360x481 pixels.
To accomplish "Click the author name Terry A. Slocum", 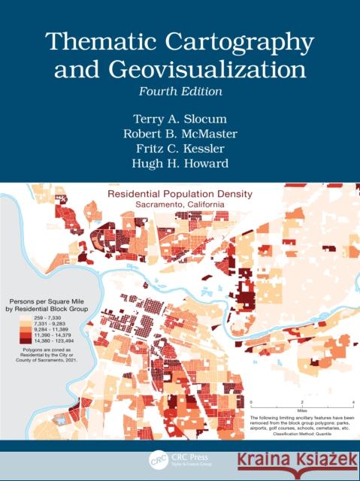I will click(x=180, y=118).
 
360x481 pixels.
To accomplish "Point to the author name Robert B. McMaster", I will click(x=180, y=135).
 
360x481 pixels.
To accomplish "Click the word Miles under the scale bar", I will click(x=301, y=410).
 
